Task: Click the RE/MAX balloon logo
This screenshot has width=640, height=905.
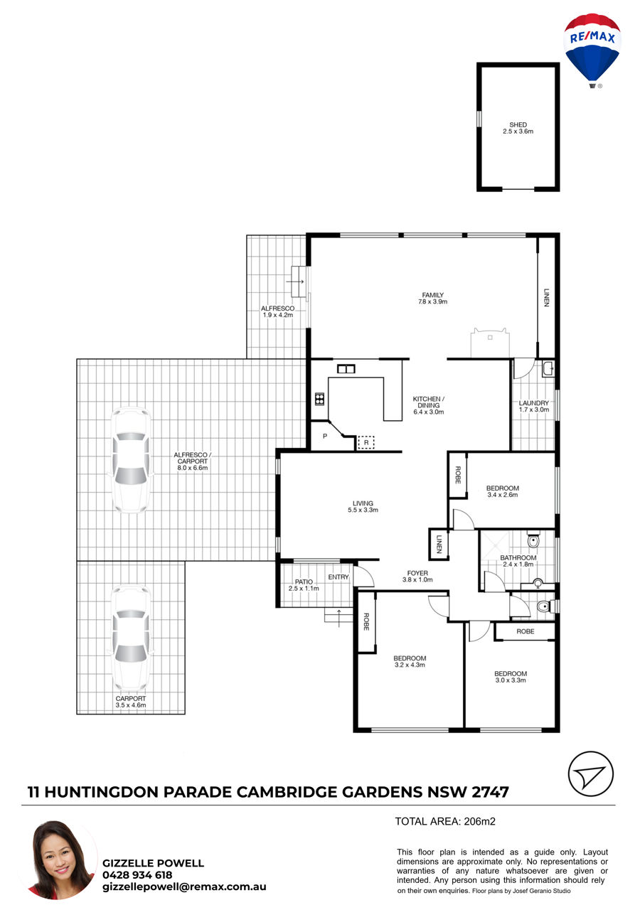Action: tap(592, 50)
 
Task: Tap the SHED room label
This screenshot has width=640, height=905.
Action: tap(518, 128)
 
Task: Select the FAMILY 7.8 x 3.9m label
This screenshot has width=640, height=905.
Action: tap(433, 298)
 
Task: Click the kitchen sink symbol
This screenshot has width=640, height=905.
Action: tap(346, 368)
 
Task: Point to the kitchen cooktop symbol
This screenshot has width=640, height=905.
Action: tap(319, 399)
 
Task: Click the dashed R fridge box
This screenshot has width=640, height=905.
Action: tap(366, 442)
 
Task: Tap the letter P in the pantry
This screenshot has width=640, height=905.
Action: tap(325, 436)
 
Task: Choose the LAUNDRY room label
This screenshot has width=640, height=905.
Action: tap(534, 406)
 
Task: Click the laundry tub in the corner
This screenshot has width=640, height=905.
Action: tap(548, 369)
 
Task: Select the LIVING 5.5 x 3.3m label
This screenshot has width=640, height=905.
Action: tap(363, 506)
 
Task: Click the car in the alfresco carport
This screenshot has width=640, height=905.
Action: tap(131, 460)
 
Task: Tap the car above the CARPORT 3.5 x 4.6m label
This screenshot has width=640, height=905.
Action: tap(131, 638)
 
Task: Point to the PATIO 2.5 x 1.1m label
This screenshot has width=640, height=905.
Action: tap(304, 584)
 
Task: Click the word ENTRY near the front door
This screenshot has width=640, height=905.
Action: tap(338, 577)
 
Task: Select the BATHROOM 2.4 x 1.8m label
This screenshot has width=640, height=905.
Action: tap(518, 561)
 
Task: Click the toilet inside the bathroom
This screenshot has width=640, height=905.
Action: tap(533, 540)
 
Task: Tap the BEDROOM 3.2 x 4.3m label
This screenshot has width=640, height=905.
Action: tap(410, 661)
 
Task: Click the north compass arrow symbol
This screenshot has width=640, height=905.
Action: tap(590, 773)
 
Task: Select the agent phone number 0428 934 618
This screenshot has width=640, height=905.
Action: tap(137, 874)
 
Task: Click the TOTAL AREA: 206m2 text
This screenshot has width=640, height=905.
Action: tap(445, 821)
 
